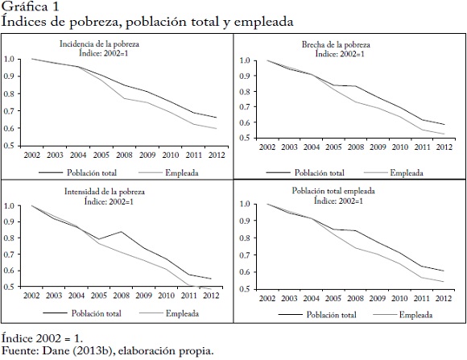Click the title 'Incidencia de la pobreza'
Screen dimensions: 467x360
click(99, 44)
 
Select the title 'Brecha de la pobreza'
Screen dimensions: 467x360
click(336, 45)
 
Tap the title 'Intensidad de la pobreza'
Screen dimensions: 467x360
click(105, 192)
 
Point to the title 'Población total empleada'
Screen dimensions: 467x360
click(333, 191)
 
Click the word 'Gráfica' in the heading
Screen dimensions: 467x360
click(24, 7)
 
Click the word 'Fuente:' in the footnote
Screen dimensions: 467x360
click(20, 350)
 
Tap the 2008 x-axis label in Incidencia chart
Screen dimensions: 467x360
click(124, 155)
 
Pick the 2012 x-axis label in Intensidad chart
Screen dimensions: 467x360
click(211, 296)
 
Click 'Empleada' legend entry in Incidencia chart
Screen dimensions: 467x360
click(182, 173)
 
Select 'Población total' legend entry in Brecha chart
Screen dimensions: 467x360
click(320, 173)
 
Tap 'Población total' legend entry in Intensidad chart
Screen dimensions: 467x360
click(96, 313)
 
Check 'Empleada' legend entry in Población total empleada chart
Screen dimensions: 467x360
click(415, 315)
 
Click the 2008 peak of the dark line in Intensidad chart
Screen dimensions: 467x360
click(122, 232)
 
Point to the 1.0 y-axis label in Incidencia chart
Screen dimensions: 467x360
click(9, 59)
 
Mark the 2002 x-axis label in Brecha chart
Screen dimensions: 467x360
click(267, 147)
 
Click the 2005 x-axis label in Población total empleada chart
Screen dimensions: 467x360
click(333, 298)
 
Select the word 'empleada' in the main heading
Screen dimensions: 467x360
click(264, 22)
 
